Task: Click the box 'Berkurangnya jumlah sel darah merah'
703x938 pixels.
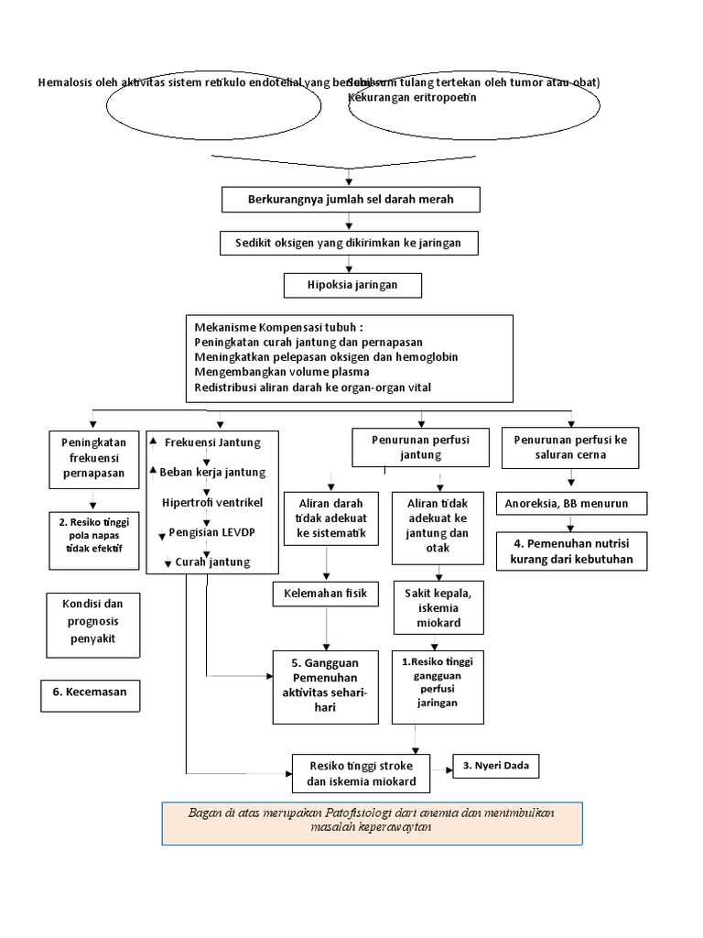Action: click(x=351, y=199)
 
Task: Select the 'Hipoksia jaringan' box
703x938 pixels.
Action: click(x=352, y=286)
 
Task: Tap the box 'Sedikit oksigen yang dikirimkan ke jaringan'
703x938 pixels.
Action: click(x=349, y=243)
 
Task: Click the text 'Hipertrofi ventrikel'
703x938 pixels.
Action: click(x=211, y=503)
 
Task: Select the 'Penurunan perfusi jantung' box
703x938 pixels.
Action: click(x=421, y=448)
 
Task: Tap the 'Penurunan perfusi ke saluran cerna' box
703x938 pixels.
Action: click(x=571, y=447)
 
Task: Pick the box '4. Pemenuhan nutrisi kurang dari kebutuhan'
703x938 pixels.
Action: click(x=573, y=551)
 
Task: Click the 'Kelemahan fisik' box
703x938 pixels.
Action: click(x=325, y=594)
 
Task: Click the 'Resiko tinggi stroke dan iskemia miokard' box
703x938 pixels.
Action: click(x=362, y=774)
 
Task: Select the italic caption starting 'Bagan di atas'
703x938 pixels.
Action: click(x=371, y=820)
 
